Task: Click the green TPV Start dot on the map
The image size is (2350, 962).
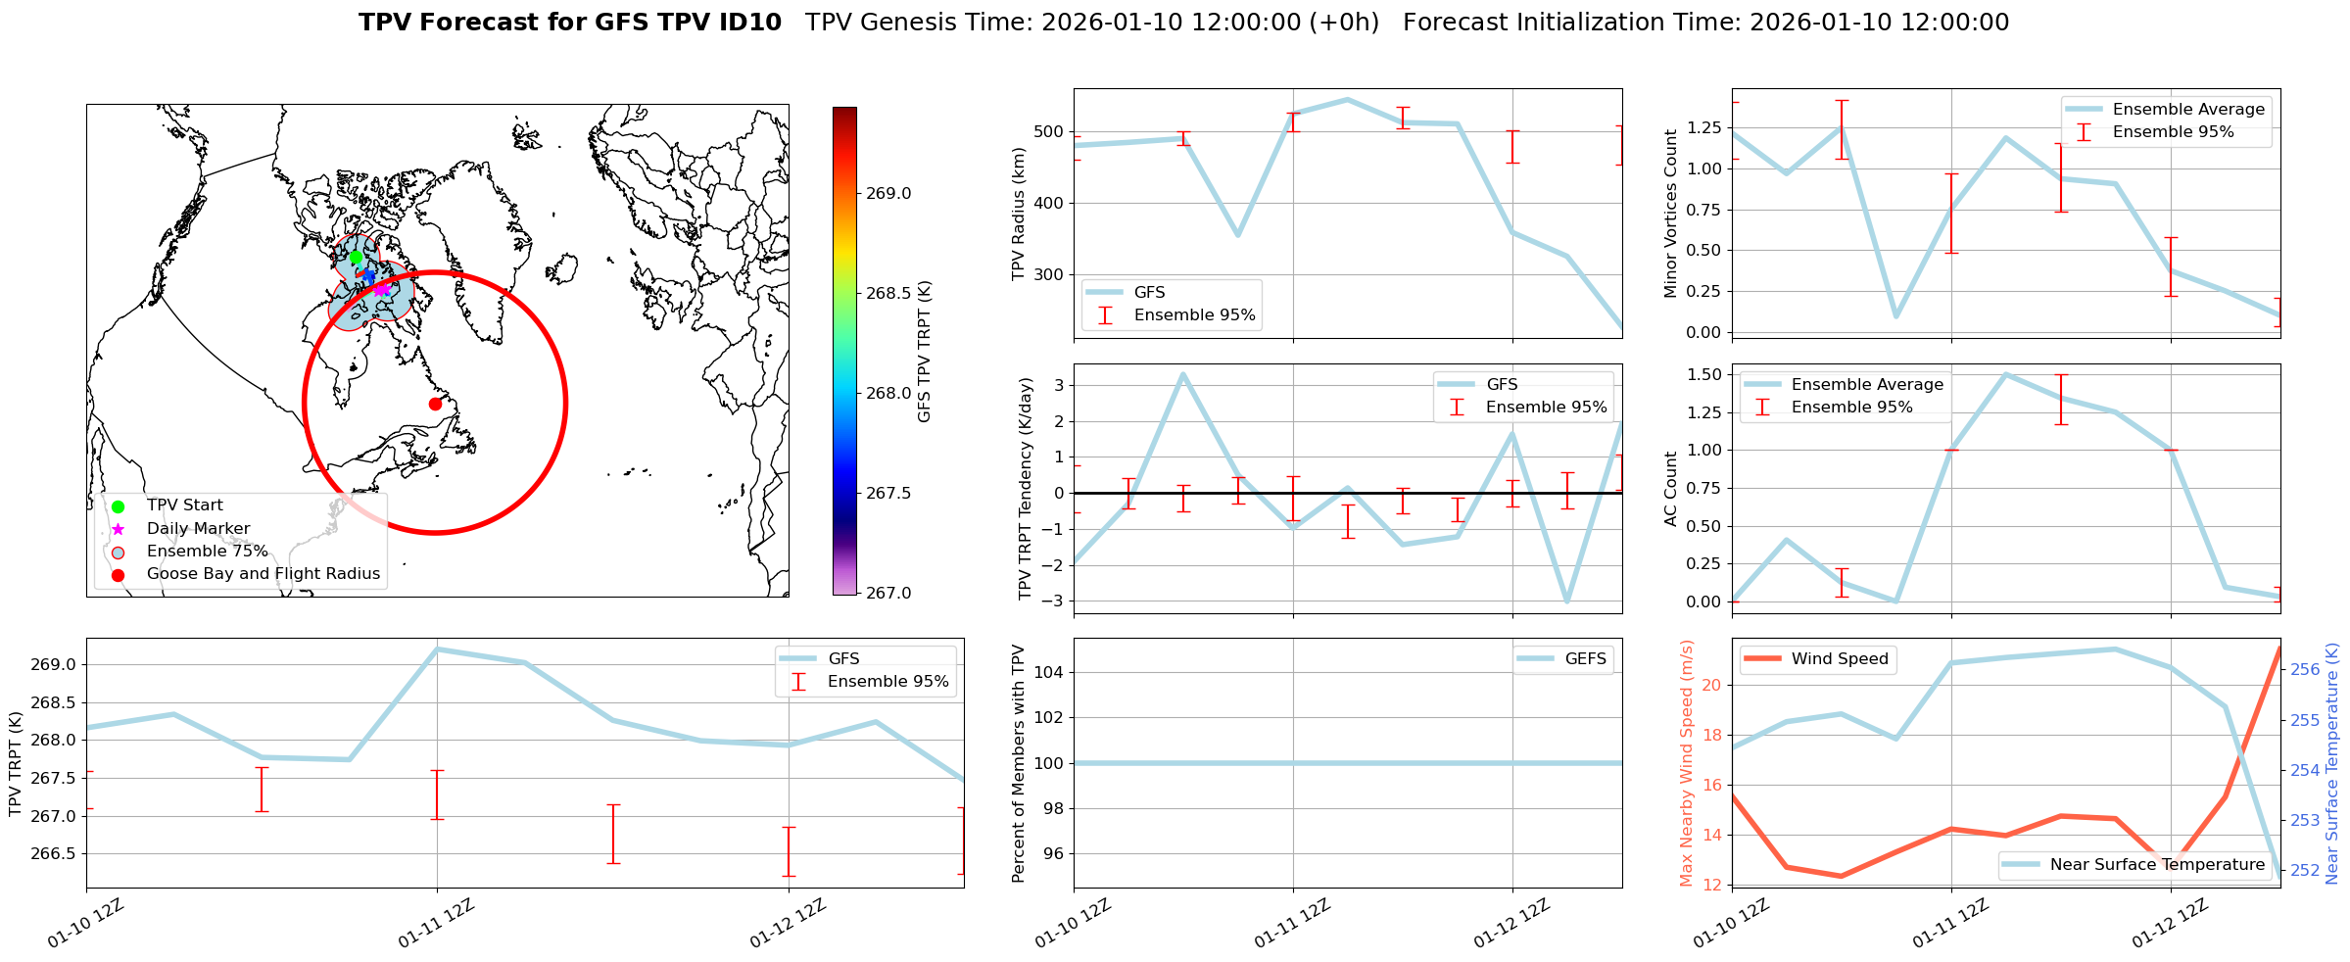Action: (x=356, y=257)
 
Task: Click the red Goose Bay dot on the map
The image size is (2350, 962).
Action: (x=435, y=404)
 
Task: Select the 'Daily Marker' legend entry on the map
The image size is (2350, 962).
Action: (x=198, y=528)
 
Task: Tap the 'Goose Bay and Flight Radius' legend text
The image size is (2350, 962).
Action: (x=263, y=574)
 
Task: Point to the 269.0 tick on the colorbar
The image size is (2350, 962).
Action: (x=888, y=193)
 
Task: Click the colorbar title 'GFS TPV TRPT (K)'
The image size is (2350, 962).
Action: (x=924, y=352)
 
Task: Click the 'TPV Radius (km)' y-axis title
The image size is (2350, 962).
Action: (x=1019, y=214)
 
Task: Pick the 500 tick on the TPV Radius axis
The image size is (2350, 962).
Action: (x=1049, y=132)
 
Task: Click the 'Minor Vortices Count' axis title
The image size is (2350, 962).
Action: (x=1671, y=214)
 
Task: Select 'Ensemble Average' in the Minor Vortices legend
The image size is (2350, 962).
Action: (x=2188, y=109)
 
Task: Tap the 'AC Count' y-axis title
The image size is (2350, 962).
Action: (x=1671, y=489)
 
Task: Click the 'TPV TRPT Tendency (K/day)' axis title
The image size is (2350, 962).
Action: (x=1026, y=489)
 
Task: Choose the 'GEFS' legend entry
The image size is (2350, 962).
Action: (x=1585, y=658)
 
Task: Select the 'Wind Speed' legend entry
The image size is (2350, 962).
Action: (x=1839, y=658)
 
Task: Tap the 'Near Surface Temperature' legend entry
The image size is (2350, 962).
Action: (x=2157, y=864)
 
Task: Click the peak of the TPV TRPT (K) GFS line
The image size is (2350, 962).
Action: (x=437, y=649)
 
